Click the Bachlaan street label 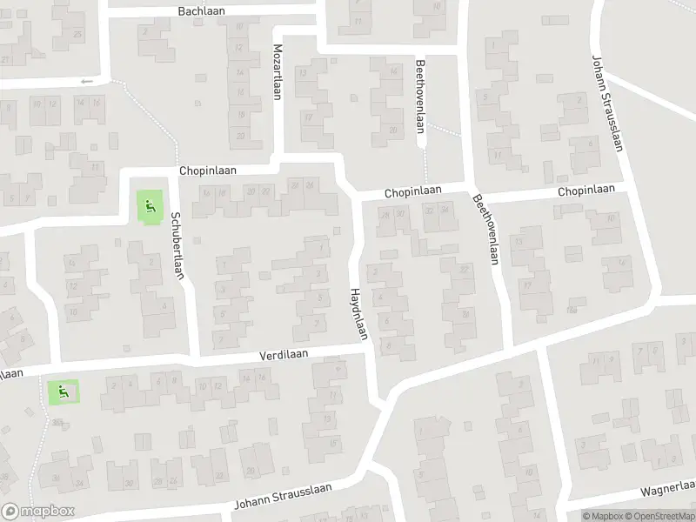[x=203, y=11]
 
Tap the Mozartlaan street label [x=278, y=71]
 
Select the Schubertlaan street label [x=177, y=246]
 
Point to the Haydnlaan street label [x=358, y=313]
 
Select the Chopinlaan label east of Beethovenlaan [x=586, y=190]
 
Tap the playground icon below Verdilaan [x=62, y=392]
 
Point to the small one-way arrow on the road [x=85, y=82]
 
